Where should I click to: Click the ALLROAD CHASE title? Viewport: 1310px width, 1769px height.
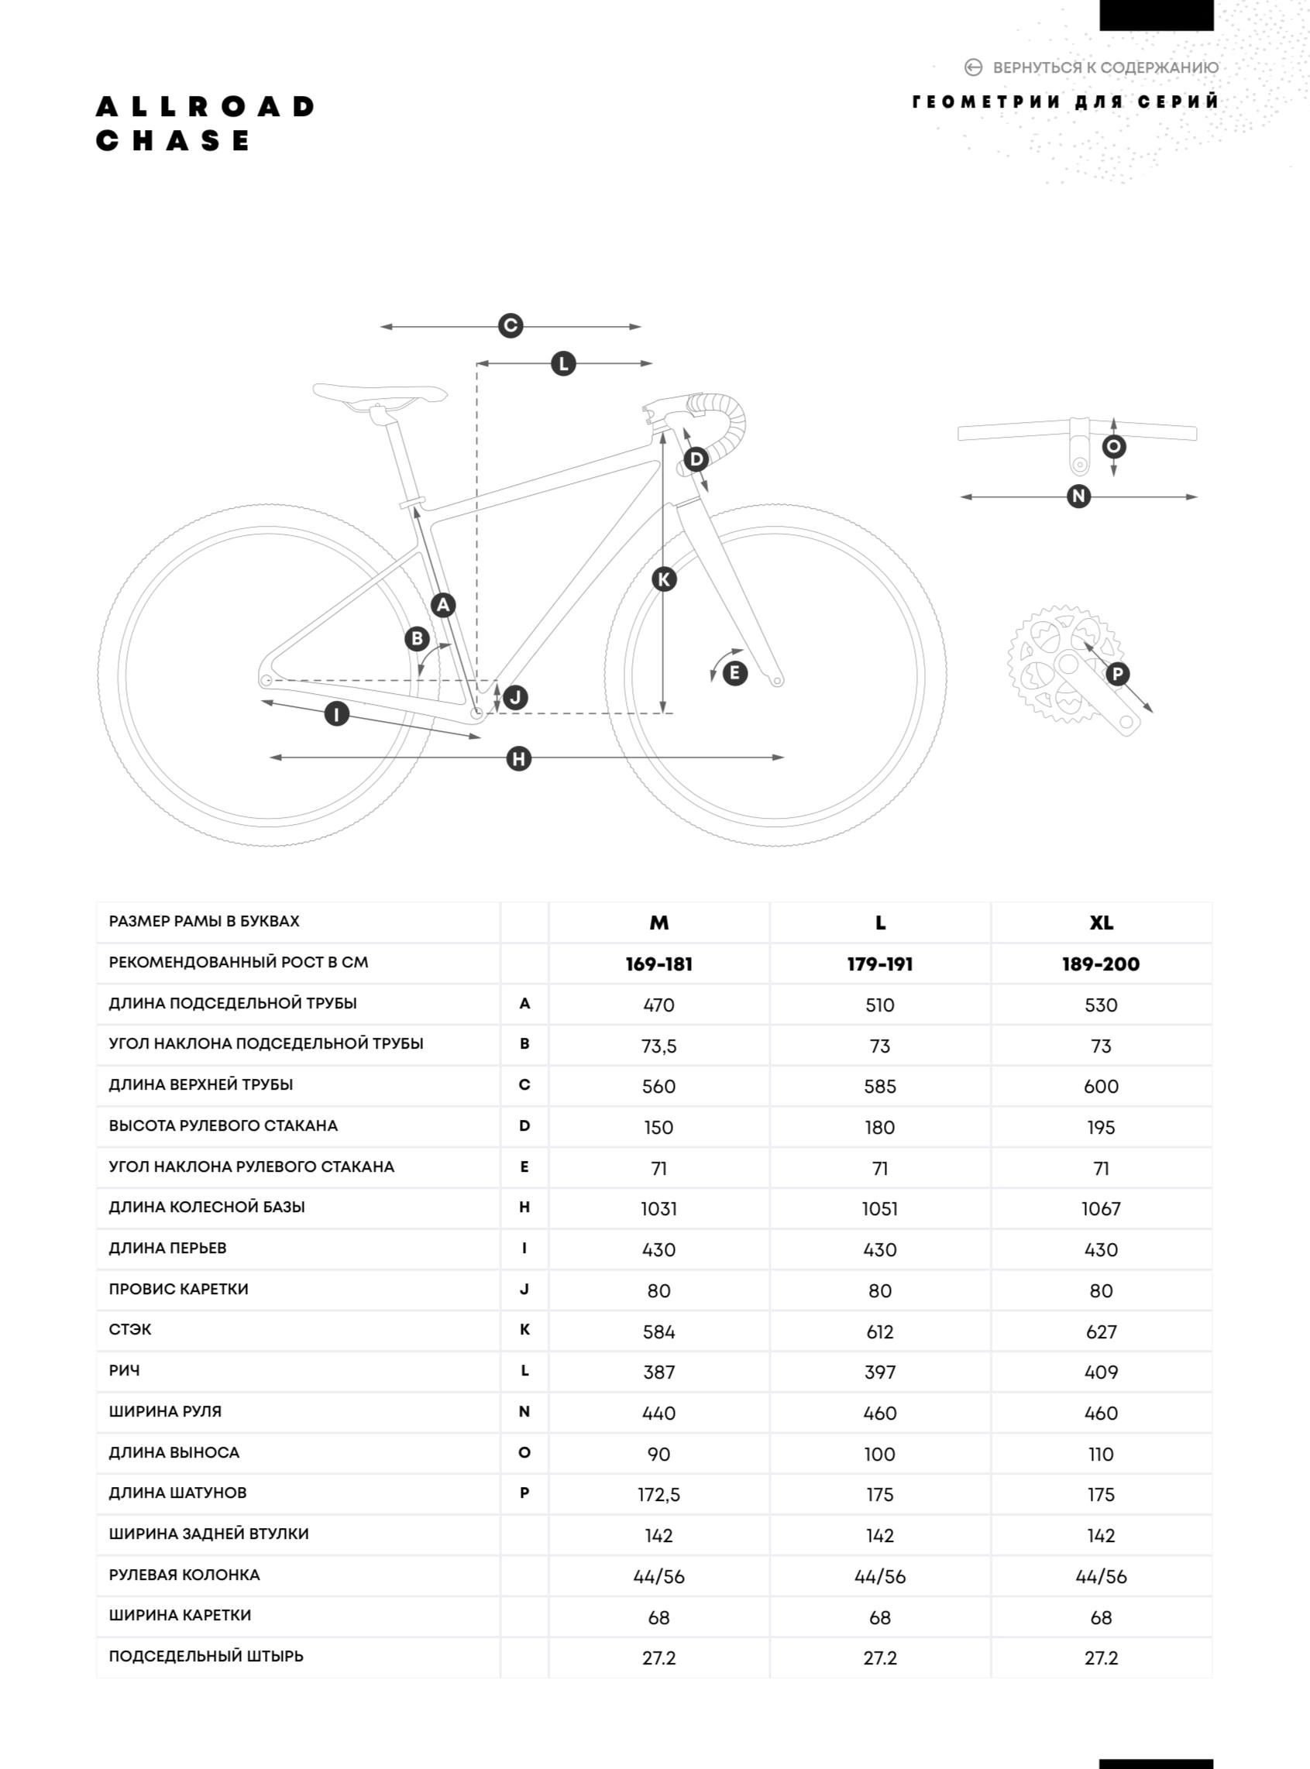pyautogui.click(x=205, y=124)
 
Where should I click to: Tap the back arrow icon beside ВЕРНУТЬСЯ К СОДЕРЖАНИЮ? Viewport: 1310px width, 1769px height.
pyautogui.click(x=973, y=67)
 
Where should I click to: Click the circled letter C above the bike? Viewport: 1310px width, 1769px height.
pyautogui.click(x=510, y=326)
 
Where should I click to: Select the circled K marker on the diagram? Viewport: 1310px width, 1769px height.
pyautogui.click(x=664, y=579)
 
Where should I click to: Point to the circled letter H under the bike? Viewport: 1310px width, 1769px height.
pyautogui.click(x=518, y=759)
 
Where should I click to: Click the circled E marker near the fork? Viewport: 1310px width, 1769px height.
pyautogui.click(x=735, y=673)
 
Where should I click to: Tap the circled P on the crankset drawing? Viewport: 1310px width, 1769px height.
pyautogui.click(x=1117, y=674)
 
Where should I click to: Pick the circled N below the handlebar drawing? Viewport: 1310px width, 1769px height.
pyautogui.click(x=1078, y=496)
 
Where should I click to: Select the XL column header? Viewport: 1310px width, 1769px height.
pyautogui.click(x=1101, y=923)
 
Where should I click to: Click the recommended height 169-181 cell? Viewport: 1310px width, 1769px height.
pyautogui.click(x=658, y=964)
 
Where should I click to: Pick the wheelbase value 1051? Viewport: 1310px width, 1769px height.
pyautogui.click(x=879, y=1209)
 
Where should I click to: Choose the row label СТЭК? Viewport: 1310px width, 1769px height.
pyautogui.click(x=130, y=1330)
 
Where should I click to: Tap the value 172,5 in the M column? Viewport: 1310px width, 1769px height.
pyautogui.click(x=658, y=1495)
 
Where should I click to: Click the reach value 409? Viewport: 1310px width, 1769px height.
pyautogui.click(x=1101, y=1372)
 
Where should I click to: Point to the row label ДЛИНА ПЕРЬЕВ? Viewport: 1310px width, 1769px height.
pyautogui.click(x=167, y=1248)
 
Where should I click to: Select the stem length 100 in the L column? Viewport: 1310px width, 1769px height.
pyautogui.click(x=879, y=1455)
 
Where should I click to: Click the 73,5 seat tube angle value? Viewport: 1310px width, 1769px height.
pyautogui.click(x=658, y=1046)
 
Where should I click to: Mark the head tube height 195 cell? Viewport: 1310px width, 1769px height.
pyautogui.click(x=1101, y=1128)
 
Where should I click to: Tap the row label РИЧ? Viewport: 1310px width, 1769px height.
pyautogui.click(x=125, y=1371)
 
